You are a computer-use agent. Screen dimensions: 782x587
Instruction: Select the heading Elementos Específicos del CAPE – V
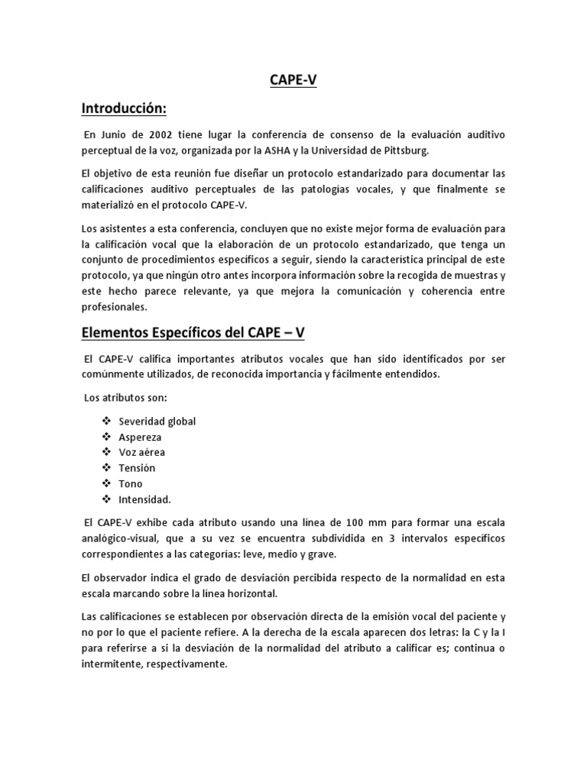tap(193, 334)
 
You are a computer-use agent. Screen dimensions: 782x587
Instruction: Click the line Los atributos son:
tap(125, 397)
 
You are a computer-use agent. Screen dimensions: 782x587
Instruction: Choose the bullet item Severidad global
tap(157, 422)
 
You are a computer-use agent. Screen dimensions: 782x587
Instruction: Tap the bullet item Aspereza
tap(140, 437)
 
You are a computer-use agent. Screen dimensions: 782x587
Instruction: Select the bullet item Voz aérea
tap(141, 453)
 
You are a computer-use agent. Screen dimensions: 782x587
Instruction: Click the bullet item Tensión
tap(137, 468)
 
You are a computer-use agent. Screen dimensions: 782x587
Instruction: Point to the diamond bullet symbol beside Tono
tap(105, 484)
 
